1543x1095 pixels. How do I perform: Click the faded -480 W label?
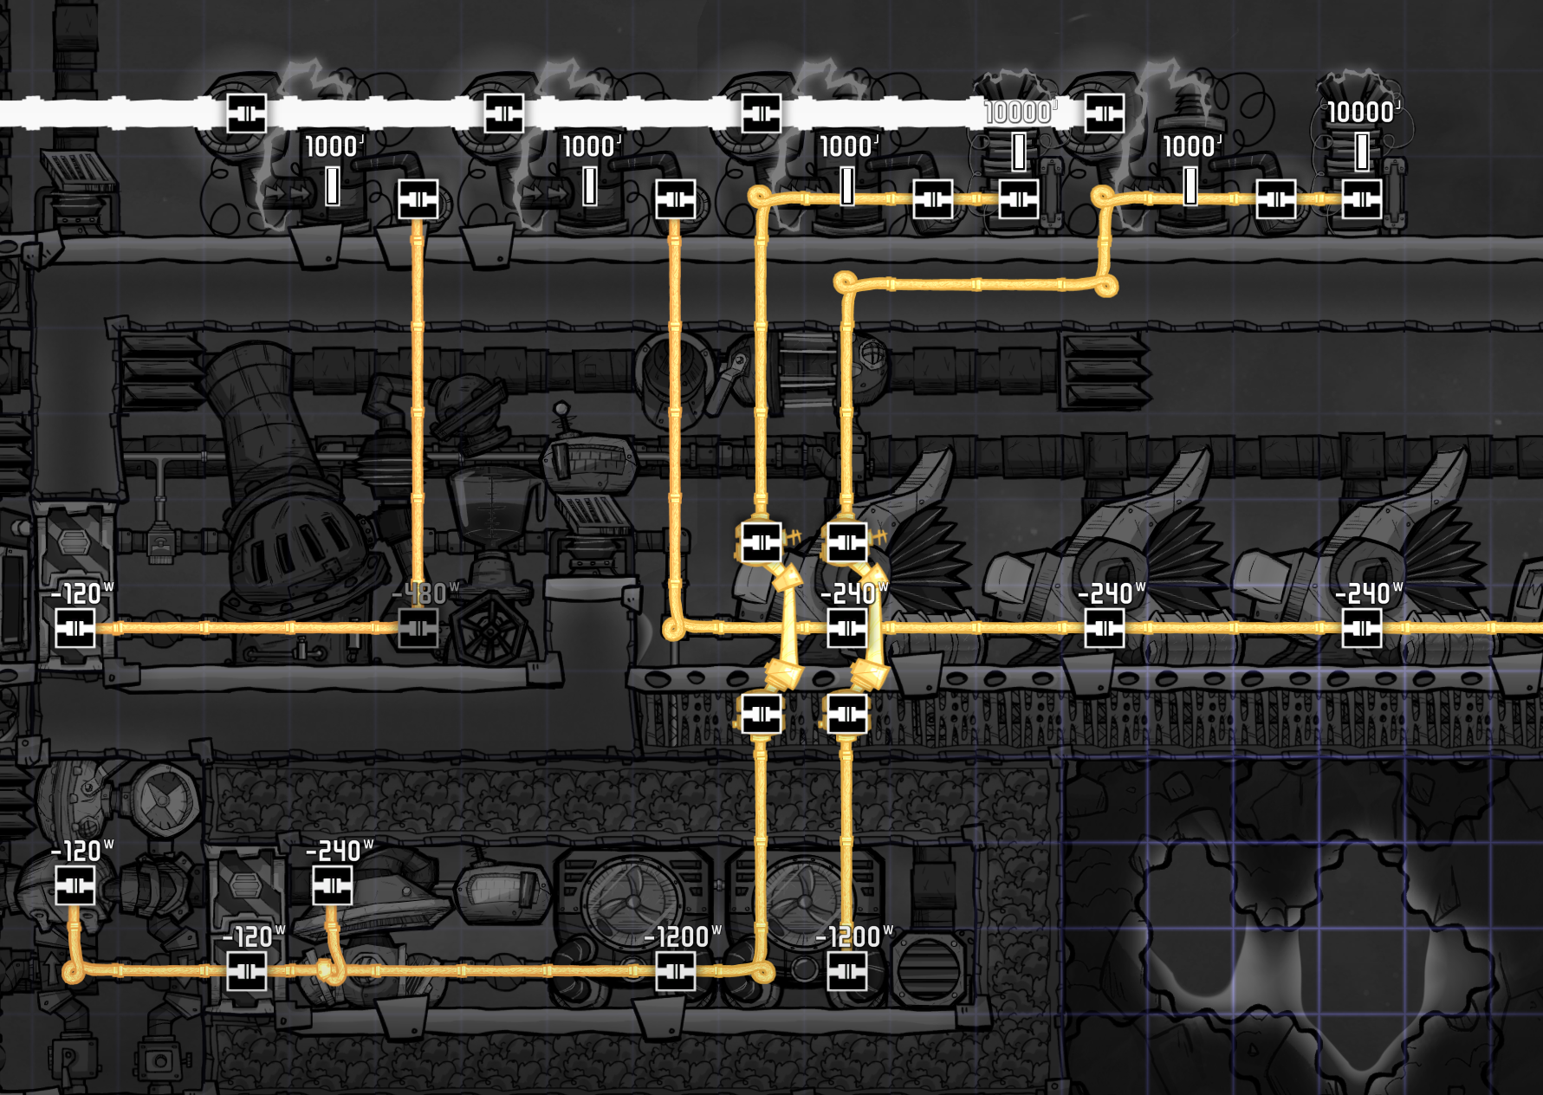[425, 594]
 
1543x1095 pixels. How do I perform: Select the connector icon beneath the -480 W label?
[418, 628]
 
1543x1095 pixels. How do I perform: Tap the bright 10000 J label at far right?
[1363, 112]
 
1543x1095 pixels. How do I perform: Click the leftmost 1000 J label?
[334, 146]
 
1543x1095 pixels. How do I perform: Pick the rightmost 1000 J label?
[1192, 146]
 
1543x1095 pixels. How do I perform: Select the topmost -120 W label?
[82, 594]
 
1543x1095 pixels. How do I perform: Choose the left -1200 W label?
[683, 937]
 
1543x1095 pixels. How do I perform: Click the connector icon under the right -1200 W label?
[847, 972]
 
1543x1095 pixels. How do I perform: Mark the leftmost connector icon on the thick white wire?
[247, 113]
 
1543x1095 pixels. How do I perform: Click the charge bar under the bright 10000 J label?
[1363, 152]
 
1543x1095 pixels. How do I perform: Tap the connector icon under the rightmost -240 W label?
[1362, 628]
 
